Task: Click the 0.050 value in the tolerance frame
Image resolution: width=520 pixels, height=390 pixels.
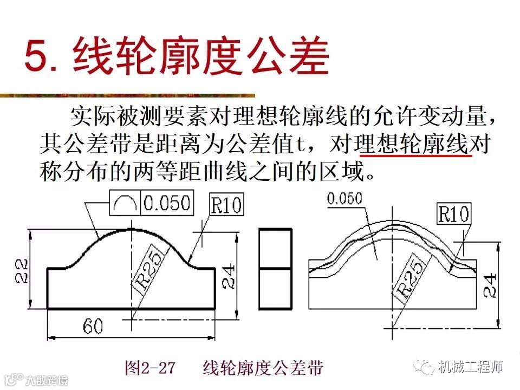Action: (x=167, y=203)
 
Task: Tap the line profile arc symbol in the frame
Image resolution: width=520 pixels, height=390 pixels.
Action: (x=125, y=203)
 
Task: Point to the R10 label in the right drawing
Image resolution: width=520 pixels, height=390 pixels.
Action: (x=454, y=214)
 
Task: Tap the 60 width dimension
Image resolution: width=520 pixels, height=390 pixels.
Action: (x=93, y=326)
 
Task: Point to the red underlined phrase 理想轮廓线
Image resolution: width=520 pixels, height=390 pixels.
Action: (x=413, y=145)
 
